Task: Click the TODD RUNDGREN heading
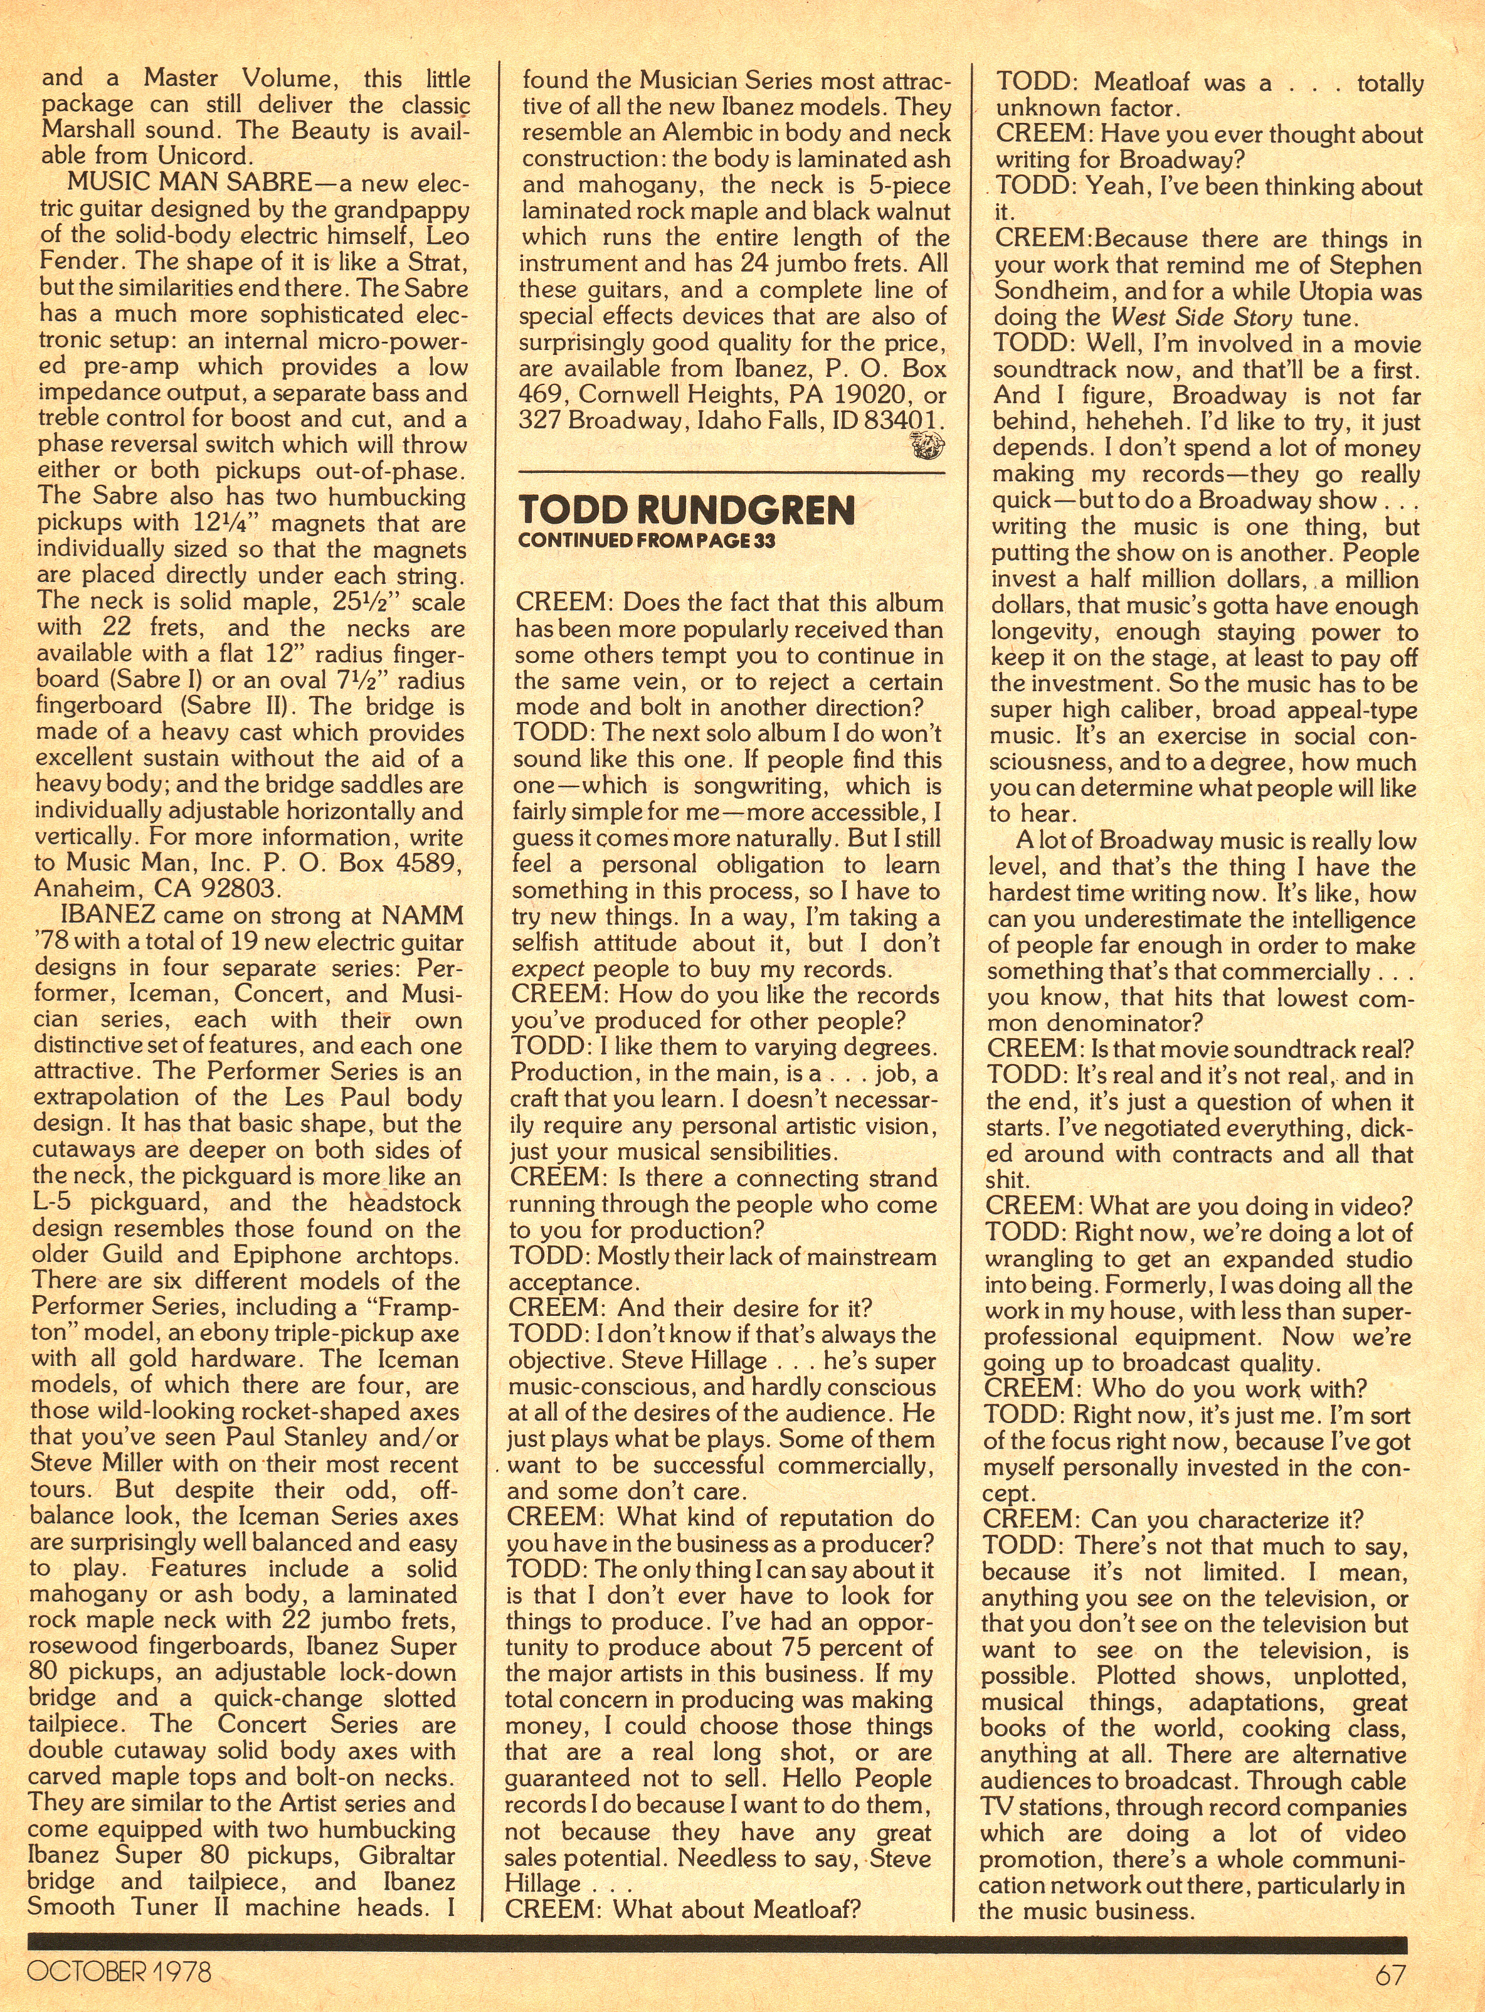[x=687, y=510]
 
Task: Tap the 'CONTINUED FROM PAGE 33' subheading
[x=647, y=540]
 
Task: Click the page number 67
[x=1390, y=1974]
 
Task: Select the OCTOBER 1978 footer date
[x=120, y=1972]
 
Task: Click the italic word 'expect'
[x=548, y=969]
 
